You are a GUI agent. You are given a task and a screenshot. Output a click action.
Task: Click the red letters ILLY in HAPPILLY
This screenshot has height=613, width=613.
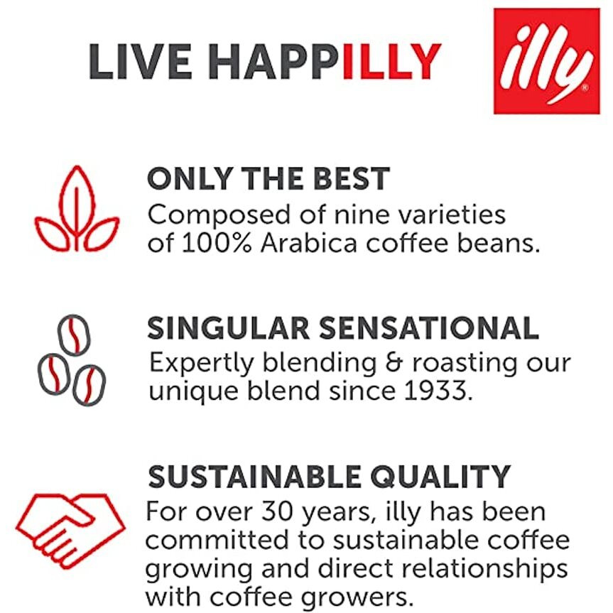click(x=391, y=63)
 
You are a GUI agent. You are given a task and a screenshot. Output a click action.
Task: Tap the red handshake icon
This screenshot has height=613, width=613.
click(x=70, y=522)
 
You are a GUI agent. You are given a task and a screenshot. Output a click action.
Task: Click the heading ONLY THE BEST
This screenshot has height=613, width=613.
click(x=268, y=179)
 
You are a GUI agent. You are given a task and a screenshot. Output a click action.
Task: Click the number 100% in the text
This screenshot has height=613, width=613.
click(x=215, y=243)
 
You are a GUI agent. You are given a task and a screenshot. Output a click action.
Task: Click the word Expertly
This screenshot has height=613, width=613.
click(x=202, y=363)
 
